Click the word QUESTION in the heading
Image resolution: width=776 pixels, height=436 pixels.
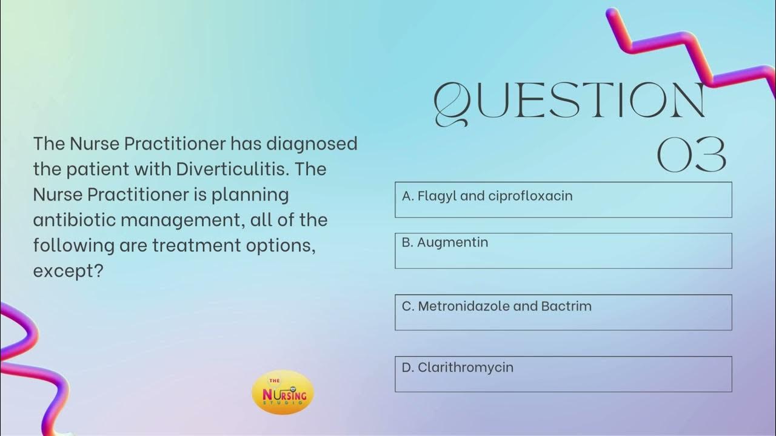(x=570, y=101)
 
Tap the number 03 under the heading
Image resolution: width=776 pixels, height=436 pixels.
(x=692, y=155)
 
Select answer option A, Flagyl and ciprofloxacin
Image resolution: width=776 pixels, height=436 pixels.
(x=563, y=199)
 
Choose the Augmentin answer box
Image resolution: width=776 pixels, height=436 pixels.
(x=563, y=250)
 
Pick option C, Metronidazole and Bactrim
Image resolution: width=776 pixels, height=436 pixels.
(x=563, y=312)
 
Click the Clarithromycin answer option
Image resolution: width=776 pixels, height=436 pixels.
(x=563, y=374)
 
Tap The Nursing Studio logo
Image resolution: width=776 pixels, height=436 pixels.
(x=283, y=393)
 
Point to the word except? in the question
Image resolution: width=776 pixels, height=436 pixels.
(x=68, y=271)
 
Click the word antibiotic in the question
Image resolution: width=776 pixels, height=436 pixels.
(x=74, y=220)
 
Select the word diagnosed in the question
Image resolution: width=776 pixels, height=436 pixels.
(x=312, y=144)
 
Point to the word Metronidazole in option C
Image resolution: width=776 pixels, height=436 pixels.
(x=464, y=306)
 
